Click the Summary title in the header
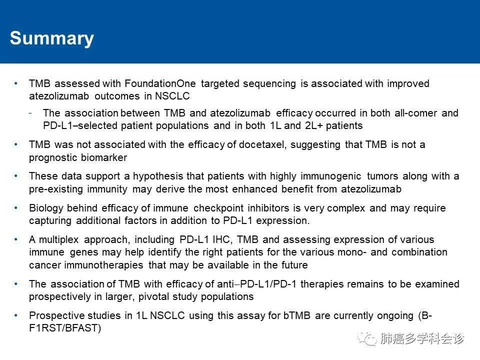click(x=51, y=38)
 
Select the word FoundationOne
click(x=160, y=83)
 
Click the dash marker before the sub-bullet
click(x=30, y=113)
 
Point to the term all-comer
click(x=415, y=113)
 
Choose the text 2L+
click(x=313, y=125)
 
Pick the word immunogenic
click(x=331, y=176)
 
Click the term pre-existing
click(x=56, y=189)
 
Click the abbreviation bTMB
click(x=297, y=315)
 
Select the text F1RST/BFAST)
click(x=65, y=328)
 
